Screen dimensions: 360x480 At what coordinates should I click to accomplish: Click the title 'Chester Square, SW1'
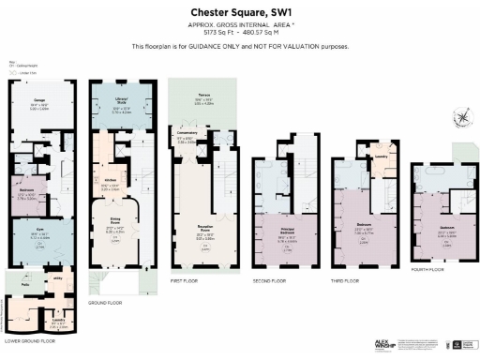[x=240, y=11]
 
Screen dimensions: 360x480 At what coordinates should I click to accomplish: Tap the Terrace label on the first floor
[x=202, y=95]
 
